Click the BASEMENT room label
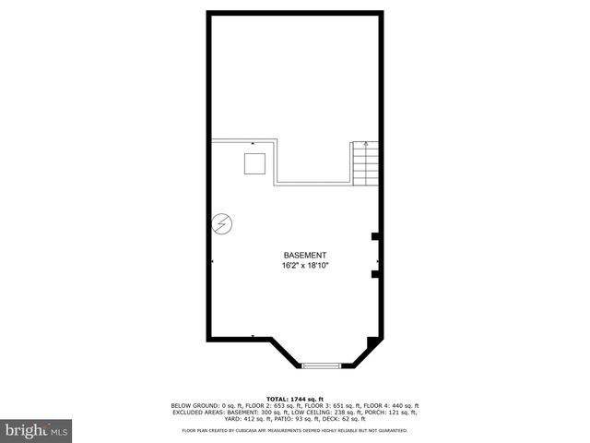305,255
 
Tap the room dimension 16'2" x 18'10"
305,266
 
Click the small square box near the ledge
254,163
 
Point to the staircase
365,164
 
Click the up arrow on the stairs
366,146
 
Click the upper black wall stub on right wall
375,237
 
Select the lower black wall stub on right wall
375,273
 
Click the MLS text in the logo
59,431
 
